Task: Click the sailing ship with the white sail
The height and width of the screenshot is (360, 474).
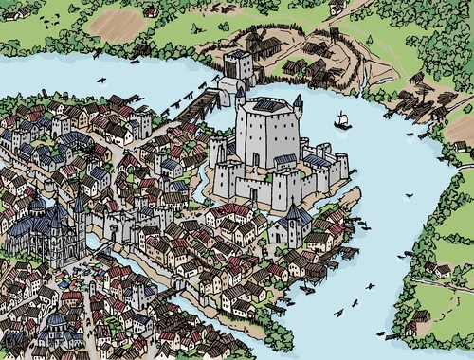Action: coord(342,119)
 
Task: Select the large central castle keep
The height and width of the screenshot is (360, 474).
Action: coord(267,135)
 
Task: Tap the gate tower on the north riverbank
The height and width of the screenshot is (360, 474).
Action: coord(239,66)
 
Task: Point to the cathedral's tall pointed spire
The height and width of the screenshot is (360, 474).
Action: coord(80,201)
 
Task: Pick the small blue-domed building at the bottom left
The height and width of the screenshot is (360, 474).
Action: coord(59,325)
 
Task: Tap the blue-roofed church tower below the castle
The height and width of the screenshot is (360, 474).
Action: coord(292,224)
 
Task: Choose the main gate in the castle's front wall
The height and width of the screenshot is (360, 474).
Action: coord(253,192)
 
